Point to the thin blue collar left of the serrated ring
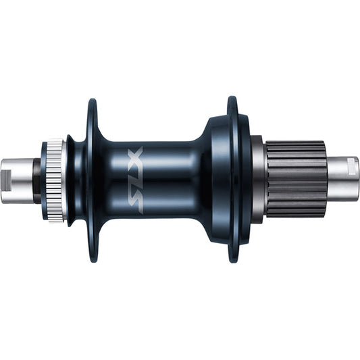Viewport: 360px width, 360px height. point(44,180)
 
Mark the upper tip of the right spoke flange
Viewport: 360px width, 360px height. point(233,101)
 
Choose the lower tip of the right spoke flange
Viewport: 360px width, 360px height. point(233,259)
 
